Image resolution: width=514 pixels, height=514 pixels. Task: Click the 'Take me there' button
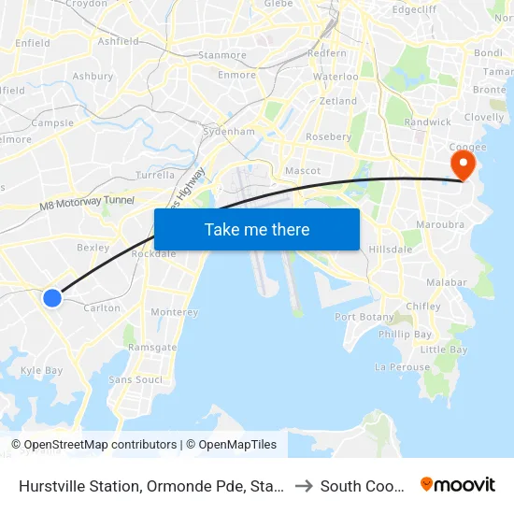coord(257,230)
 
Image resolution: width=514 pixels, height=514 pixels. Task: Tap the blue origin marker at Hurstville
coord(52,297)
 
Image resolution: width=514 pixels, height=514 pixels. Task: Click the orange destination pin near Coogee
coord(463,166)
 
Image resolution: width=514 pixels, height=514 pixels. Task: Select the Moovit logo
coord(458,485)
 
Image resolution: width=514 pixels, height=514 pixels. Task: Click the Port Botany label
coord(364,317)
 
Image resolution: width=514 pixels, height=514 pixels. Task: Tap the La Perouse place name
coord(402,367)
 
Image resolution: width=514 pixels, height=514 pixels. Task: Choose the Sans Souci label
coord(136,379)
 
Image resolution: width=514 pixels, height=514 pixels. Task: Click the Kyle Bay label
coord(41,370)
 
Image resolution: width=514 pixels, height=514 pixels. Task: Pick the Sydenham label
coord(229,132)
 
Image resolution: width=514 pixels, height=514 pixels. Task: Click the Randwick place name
coord(427,121)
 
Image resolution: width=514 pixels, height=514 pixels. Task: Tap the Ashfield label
coord(118,41)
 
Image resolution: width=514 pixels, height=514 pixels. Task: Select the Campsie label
coord(52,122)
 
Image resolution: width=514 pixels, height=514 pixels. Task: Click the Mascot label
coord(303,171)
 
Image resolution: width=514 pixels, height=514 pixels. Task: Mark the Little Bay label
coord(444,350)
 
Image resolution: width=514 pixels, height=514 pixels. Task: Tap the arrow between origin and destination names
coord(304,486)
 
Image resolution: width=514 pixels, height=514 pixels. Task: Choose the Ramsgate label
coord(152,347)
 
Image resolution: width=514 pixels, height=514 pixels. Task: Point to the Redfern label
coord(326,54)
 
